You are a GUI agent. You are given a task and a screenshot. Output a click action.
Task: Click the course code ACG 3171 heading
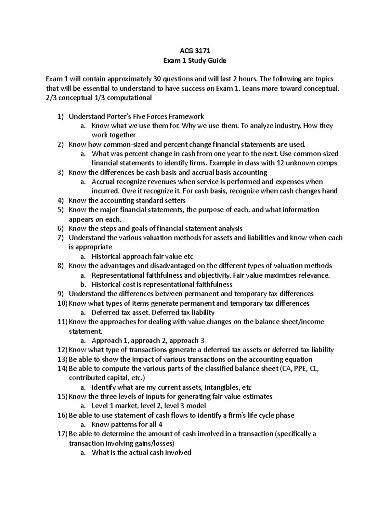point(195,51)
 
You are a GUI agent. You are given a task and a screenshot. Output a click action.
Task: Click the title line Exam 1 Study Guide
point(195,60)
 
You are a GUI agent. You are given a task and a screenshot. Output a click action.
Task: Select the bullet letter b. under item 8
point(83,285)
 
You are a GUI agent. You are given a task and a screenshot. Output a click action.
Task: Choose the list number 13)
point(62,359)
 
